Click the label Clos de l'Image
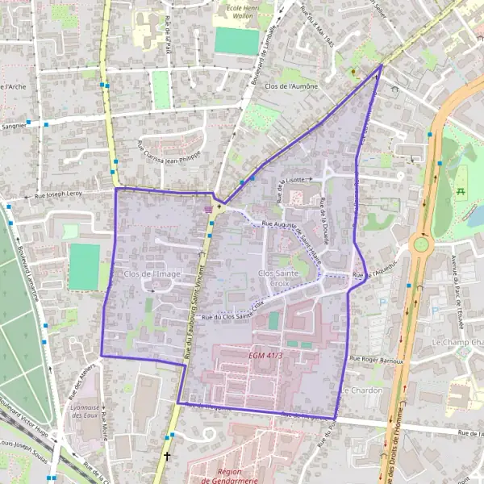click(x=152, y=274)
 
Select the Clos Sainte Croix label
click(x=277, y=279)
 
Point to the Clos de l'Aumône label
click(x=291, y=86)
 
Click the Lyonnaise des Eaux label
click(x=85, y=413)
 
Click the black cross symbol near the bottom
click(x=167, y=457)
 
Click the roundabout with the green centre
click(x=420, y=244)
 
